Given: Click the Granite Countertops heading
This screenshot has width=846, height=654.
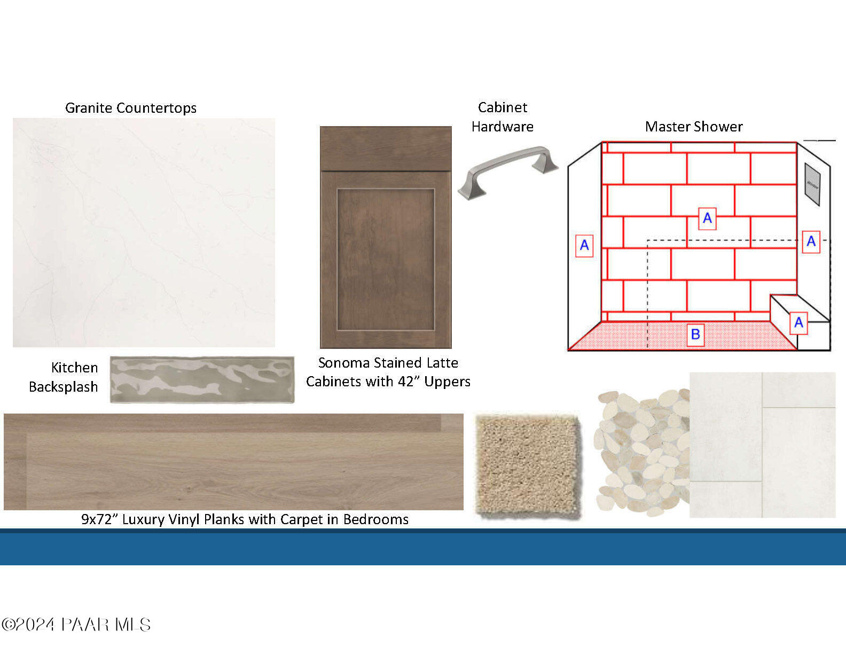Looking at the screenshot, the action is tap(131, 108).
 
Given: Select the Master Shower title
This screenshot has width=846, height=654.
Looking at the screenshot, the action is tap(694, 127).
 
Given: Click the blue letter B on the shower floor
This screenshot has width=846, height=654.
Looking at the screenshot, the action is tap(695, 334).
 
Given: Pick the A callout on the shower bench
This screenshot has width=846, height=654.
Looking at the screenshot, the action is tap(798, 323).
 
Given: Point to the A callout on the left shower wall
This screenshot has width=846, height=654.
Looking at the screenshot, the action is tap(584, 245).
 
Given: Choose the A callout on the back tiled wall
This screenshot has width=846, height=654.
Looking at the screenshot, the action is tap(707, 218).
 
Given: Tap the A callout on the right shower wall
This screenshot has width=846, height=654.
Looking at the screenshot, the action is tap(811, 242).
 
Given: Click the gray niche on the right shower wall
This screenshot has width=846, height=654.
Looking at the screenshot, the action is tap(812, 184).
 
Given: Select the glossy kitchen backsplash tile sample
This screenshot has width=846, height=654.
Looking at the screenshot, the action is tap(202, 379).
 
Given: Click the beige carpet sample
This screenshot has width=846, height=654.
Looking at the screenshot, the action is tap(528, 466).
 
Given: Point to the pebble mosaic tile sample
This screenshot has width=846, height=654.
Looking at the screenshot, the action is tap(643, 453).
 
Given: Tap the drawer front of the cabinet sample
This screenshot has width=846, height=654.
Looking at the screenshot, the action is tap(386, 149).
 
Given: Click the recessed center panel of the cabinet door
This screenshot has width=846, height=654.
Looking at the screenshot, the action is tap(386, 260).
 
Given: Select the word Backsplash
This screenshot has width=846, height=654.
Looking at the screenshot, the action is tap(64, 387).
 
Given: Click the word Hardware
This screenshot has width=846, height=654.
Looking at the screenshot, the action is tap(502, 127).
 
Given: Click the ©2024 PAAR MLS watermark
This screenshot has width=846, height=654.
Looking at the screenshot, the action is tap(76, 625).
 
